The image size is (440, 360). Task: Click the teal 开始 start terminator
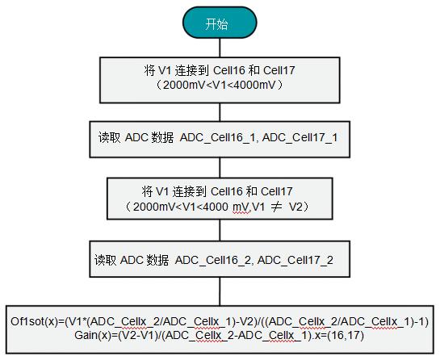pos(220,23)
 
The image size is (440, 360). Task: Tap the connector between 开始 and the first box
pos(220,48)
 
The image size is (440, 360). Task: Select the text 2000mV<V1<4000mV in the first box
pos(219,85)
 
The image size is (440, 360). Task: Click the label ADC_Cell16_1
pos(219,138)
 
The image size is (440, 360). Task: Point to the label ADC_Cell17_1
pos(300,138)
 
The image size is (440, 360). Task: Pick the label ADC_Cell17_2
pos(295,261)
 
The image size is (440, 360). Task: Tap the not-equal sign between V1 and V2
pos(276,207)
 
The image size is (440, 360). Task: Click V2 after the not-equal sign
pos(296,207)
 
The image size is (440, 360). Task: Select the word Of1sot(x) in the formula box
pos(35,321)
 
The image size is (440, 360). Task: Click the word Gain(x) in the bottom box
pos(93,335)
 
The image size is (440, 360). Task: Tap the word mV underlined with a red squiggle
pos(241,207)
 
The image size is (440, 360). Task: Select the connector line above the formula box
pos(220,291)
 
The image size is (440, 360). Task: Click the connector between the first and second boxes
pos(220,112)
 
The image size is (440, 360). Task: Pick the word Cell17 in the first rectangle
pos(279,70)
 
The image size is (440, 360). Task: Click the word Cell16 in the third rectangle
pos(226,191)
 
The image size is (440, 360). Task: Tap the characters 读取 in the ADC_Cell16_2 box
pos(105,261)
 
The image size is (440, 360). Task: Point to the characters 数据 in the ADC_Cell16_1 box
pos(162,138)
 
